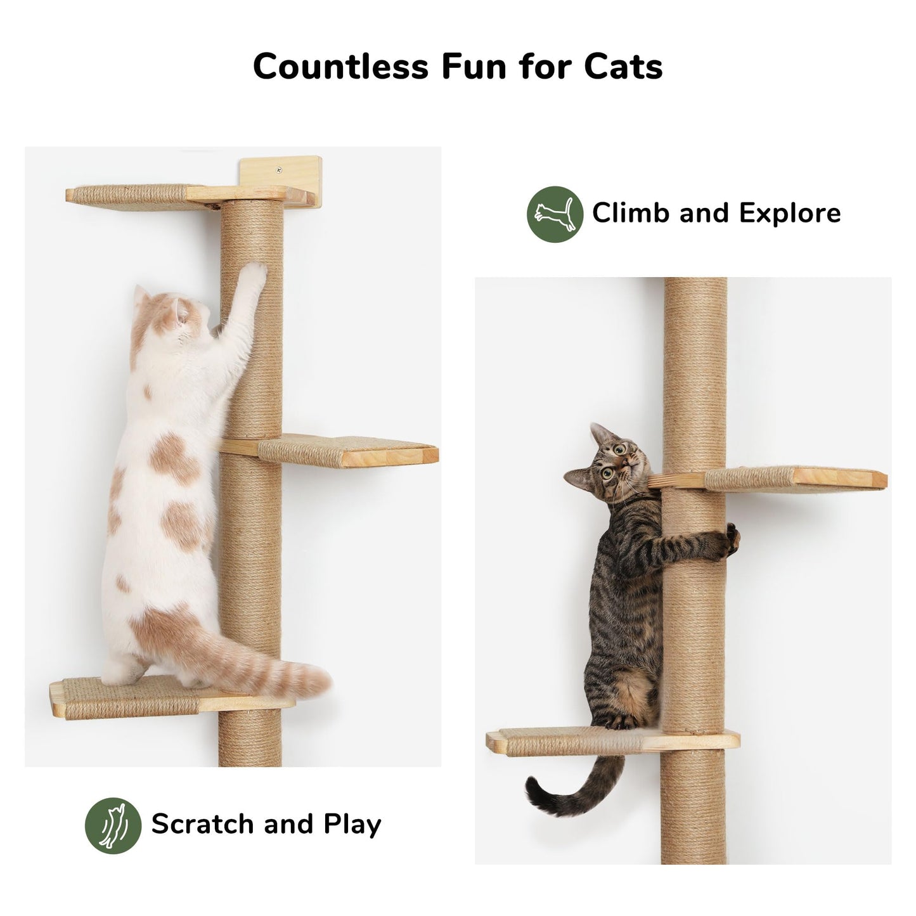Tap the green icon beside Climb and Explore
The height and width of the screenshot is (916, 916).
(555, 214)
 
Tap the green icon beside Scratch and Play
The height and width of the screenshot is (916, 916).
(113, 825)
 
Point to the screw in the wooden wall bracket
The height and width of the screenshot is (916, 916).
(278, 170)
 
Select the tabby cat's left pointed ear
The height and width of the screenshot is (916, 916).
(597, 434)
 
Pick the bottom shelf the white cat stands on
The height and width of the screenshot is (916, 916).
(127, 697)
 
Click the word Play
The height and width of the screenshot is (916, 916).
(352, 824)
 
